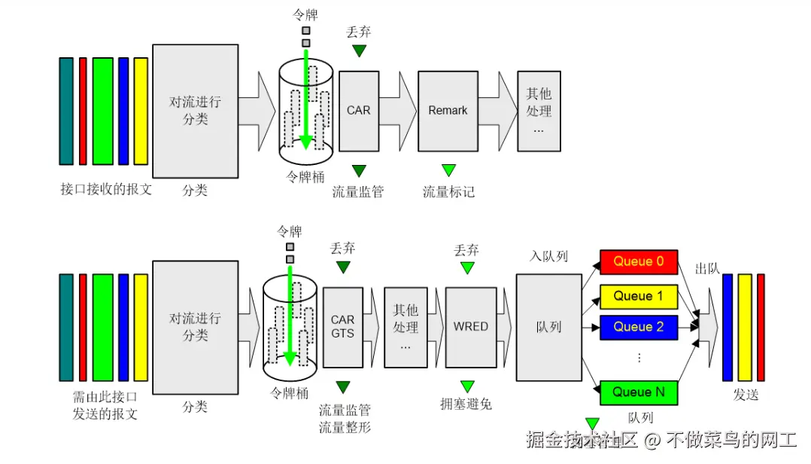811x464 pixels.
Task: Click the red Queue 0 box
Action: pyautogui.click(x=638, y=262)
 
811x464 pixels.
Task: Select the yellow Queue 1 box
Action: pyautogui.click(x=638, y=296)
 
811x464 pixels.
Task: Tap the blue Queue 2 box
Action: pyautogui.click(x=638, y=327)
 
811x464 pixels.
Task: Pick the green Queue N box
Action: pyautogui.click(x=638, y=392)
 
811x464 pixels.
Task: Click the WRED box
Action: pyautogui.click(x=470, y=326)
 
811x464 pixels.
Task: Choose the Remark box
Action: pyautogui.click(x=448, y=111)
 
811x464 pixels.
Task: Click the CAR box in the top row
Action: pyautogui.click(x=358, y=111)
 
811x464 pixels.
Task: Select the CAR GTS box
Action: pyautogui.click(x=342, y=326)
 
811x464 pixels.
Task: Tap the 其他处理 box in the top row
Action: pyautogui.click(x=539, y=111)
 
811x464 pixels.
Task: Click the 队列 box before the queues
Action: pyautogui.click(x=548, y=327)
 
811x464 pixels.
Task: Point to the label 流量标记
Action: pyautogui.click(x=448, y=192)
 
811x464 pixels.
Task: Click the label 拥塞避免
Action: pyautogui.click(x=466, y=404)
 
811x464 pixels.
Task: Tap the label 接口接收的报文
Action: pyautogui.click(x=106, y=189)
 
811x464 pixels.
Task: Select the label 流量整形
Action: pyautogui.click(x=345, y=427)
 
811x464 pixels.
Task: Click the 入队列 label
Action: pyautogui.click(x=548, y=257)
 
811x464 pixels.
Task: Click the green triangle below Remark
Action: pyautogui.click(x=448, y=170)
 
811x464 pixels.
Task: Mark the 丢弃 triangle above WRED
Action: pyautogui.click(x=467, y=267)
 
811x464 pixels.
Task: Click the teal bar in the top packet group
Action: pyautogui.click(x=66, y=111)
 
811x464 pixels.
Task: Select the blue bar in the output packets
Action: pyautogui.click(x=727, y=327)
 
